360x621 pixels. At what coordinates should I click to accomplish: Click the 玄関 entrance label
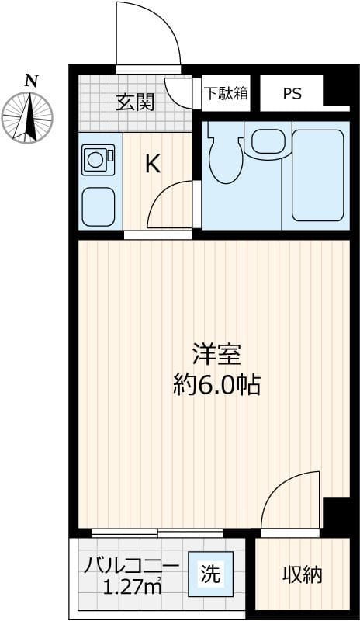coord(135,102)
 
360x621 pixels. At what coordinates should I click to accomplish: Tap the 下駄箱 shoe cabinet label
coord(226,93)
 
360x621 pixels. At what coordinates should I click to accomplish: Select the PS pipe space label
coord(292,94)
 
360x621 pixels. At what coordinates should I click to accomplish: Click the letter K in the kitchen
coord(154,164)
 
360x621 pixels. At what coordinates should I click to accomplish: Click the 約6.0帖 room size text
coord(216,383)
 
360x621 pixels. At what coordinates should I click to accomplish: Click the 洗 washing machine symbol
coord(210,575)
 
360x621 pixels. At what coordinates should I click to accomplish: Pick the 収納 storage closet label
coord(302,575)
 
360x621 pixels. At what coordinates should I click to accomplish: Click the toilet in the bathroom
coord(225,155)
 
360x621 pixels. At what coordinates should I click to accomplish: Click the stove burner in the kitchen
coord(98,160)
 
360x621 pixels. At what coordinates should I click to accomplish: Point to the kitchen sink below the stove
coord(98,203)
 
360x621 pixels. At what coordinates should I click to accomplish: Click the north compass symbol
coord(28,117)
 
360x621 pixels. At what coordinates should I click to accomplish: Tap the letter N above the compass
coord(30,80)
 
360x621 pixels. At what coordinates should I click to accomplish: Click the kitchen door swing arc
coord(171,203)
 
